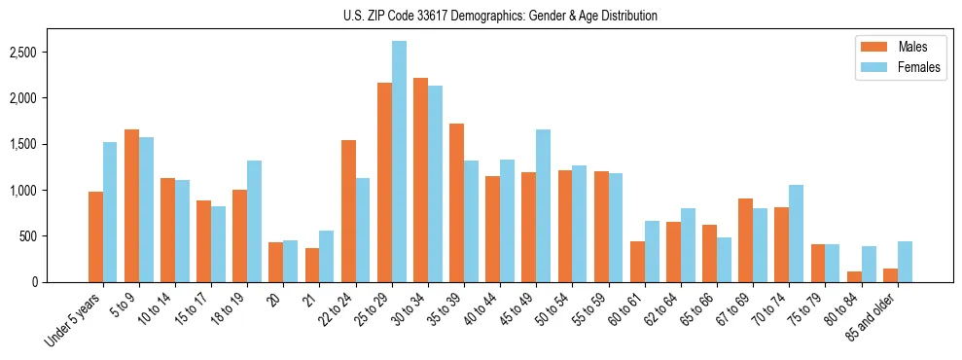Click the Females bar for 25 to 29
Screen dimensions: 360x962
tap(399, 162)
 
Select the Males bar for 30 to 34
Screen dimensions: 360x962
tap(420, 180)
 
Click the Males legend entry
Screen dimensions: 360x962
tap(889, 47)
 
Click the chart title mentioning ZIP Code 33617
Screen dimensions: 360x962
tap(500, 16)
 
